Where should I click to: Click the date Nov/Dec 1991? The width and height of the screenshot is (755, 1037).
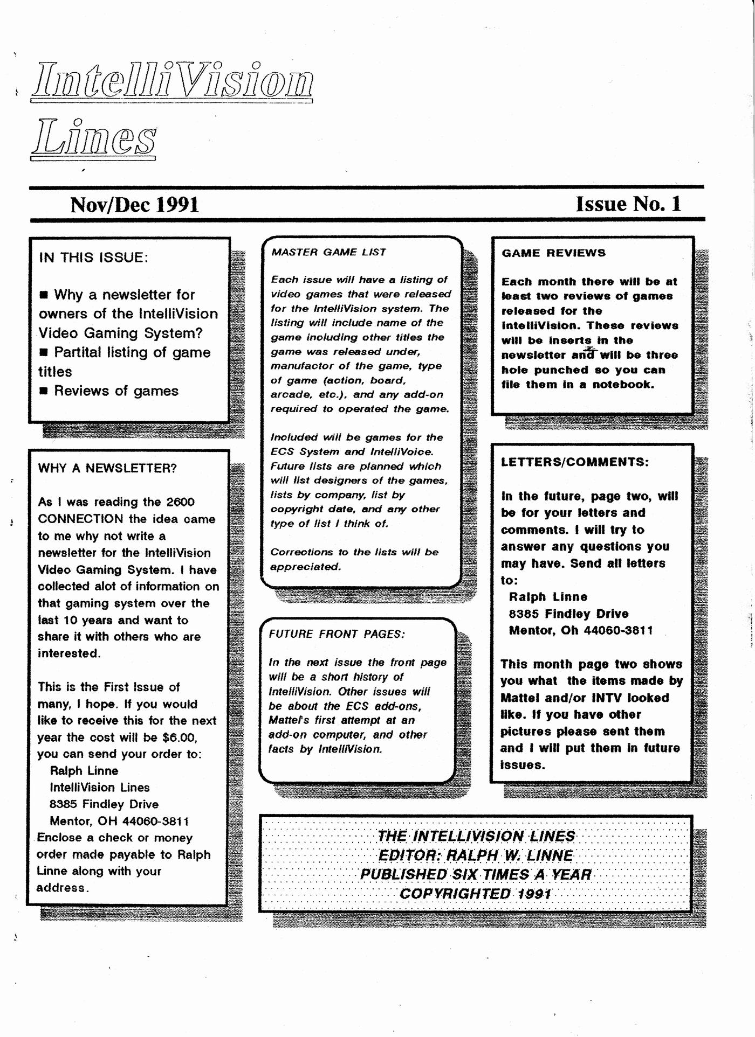(134, 205)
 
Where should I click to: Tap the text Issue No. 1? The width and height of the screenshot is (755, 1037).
(628, 204)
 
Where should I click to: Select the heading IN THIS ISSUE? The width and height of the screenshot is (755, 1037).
(93, 257)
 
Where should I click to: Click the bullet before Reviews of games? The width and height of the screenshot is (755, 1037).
(44, 391)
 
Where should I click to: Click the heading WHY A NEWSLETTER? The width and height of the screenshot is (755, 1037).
(107, 468)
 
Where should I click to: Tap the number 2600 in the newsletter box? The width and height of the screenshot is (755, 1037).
(180, 502)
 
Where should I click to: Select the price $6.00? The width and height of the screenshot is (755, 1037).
(180, 737)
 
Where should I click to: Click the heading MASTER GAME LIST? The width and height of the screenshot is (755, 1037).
(328, 252)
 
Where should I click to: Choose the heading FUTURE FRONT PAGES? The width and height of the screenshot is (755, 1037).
(337, 634)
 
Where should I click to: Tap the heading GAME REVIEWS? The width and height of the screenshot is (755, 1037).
(553, 253)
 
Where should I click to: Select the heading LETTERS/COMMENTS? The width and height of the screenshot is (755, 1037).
(575, 462)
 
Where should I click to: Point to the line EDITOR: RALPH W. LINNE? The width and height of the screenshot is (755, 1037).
(476, 855)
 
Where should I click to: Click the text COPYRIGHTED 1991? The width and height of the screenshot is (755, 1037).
(475, 894)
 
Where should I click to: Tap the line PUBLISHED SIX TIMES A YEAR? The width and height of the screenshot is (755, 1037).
(476, 874)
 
